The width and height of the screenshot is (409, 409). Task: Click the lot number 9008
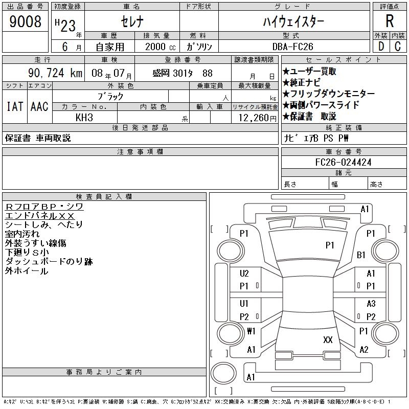(x=26, y=21)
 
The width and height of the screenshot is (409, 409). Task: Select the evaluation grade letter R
(x=390, y=21)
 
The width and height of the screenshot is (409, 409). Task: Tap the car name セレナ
(x=131, y=21)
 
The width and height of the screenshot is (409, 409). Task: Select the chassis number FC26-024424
(x=344, y=162)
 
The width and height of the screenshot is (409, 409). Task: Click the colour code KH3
(x=84, y=118)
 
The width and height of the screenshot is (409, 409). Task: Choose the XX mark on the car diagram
(x=328, y=339)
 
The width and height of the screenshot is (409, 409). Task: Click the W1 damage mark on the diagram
(x=251, y=331)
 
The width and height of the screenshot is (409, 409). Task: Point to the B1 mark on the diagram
(x=361, y=255)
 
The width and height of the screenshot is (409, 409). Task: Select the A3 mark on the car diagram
(x=371, y=304)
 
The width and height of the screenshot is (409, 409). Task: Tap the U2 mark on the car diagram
(x=244, y=274)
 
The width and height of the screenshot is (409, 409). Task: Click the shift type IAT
(x=14, y=106)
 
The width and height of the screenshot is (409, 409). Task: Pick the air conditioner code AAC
(x=39, y=106)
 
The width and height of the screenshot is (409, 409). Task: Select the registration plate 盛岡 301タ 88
(x=183, y=73)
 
